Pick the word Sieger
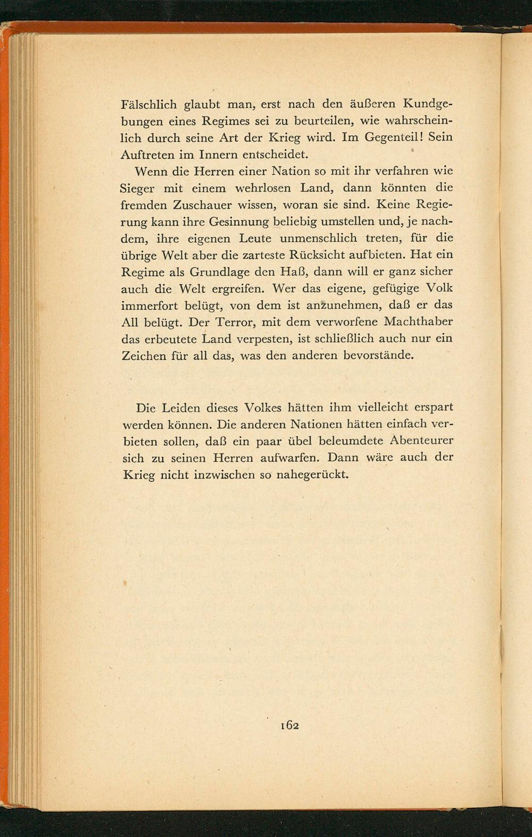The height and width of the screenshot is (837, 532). [139, 189]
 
